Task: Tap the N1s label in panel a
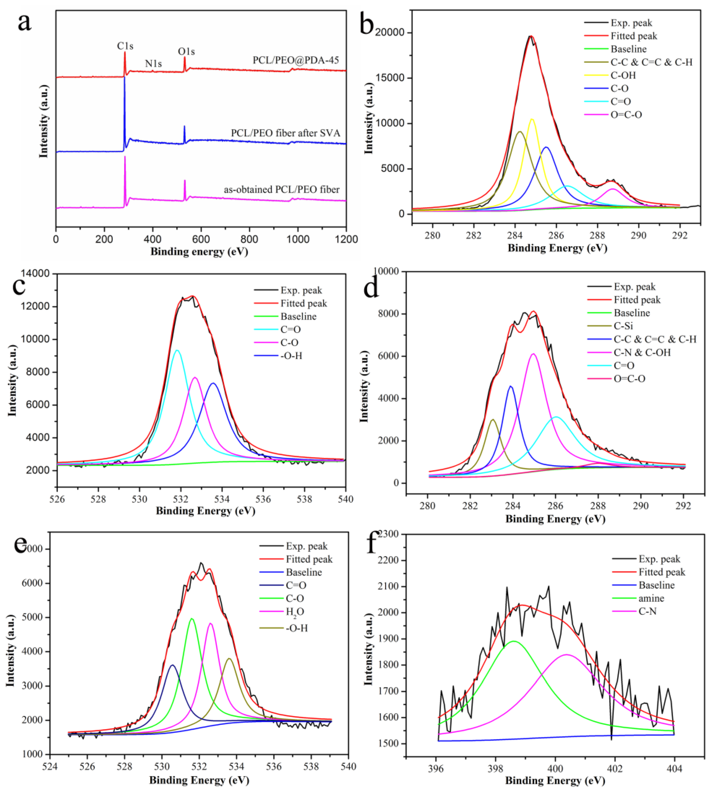point(153,64)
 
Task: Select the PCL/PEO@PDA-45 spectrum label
point(296,60)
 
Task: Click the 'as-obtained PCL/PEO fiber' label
point(282,190)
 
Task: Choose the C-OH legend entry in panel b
point(623,75)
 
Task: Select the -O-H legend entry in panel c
point(291,356)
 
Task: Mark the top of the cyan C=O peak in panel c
point(177,350)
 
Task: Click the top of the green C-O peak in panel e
point(192,619)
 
